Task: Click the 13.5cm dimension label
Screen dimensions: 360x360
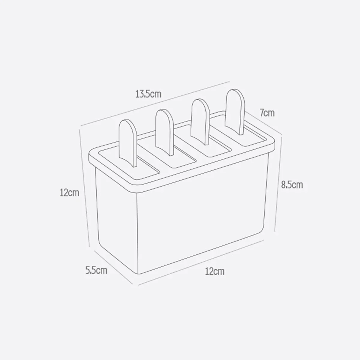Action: click(x=148, y=94)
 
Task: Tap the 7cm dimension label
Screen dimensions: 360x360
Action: click(x=267, y=113)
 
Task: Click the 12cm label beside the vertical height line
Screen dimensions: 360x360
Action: click(x=69, y=193)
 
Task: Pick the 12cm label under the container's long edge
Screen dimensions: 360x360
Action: click(x=215, y=272)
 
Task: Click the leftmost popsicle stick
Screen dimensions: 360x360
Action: click(x=128, y=141)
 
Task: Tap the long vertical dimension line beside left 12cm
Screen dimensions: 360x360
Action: click(x=85, y=186)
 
